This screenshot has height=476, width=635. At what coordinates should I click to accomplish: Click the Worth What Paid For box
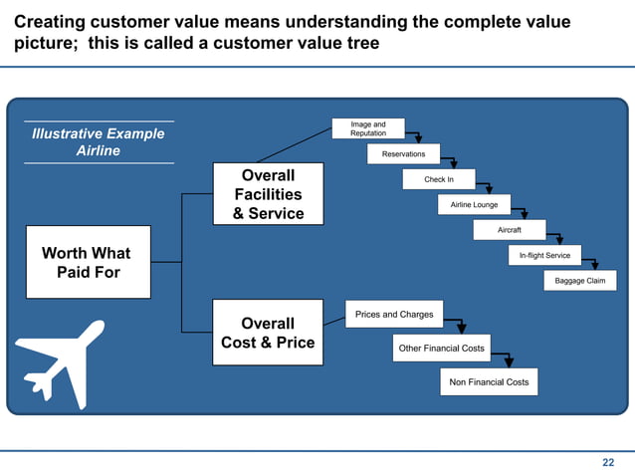pyautogui.click(x=88, y=262)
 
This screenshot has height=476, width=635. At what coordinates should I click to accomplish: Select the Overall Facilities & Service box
pyautogui.click(x=268, y=194)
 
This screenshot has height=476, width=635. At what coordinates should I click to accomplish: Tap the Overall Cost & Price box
pyautogui.click(x=268, y=333)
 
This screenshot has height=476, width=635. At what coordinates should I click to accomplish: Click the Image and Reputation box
pyautogui.click(x=368, y=128)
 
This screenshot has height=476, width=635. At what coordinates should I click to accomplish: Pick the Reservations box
pyautogui.click(x=403, y=154)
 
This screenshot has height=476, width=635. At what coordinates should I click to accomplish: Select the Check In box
pyautogui.click(x=439, y=179)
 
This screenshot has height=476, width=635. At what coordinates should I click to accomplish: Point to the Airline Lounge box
pyautogui.click(x=474, y=204)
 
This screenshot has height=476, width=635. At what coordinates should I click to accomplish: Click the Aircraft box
pyautogui.click(x=509, y=230)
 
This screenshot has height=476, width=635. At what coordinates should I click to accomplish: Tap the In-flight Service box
pyautogui.click(x=544, y=255)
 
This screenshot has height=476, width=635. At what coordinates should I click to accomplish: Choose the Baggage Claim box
pyautogui.click(x=580, y=281)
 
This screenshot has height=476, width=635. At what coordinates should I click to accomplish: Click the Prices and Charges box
pyautogui.click(x=394, y=315)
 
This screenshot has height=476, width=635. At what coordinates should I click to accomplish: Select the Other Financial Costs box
pyautogui.click(x=441, y=349)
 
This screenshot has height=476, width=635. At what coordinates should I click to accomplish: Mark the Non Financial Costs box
pyautogui.click(x=489, y=381)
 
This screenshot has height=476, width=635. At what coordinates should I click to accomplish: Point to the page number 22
pyautogui.click(x=608, y=462)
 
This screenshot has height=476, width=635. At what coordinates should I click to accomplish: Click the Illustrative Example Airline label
pyautogui.click(x=99, y=142)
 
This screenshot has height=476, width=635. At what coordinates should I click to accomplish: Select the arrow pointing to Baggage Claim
pyautogui.click(x=594, y=264)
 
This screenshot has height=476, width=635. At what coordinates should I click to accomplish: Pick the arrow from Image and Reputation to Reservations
pyautogui.click(x=417, y=136)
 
